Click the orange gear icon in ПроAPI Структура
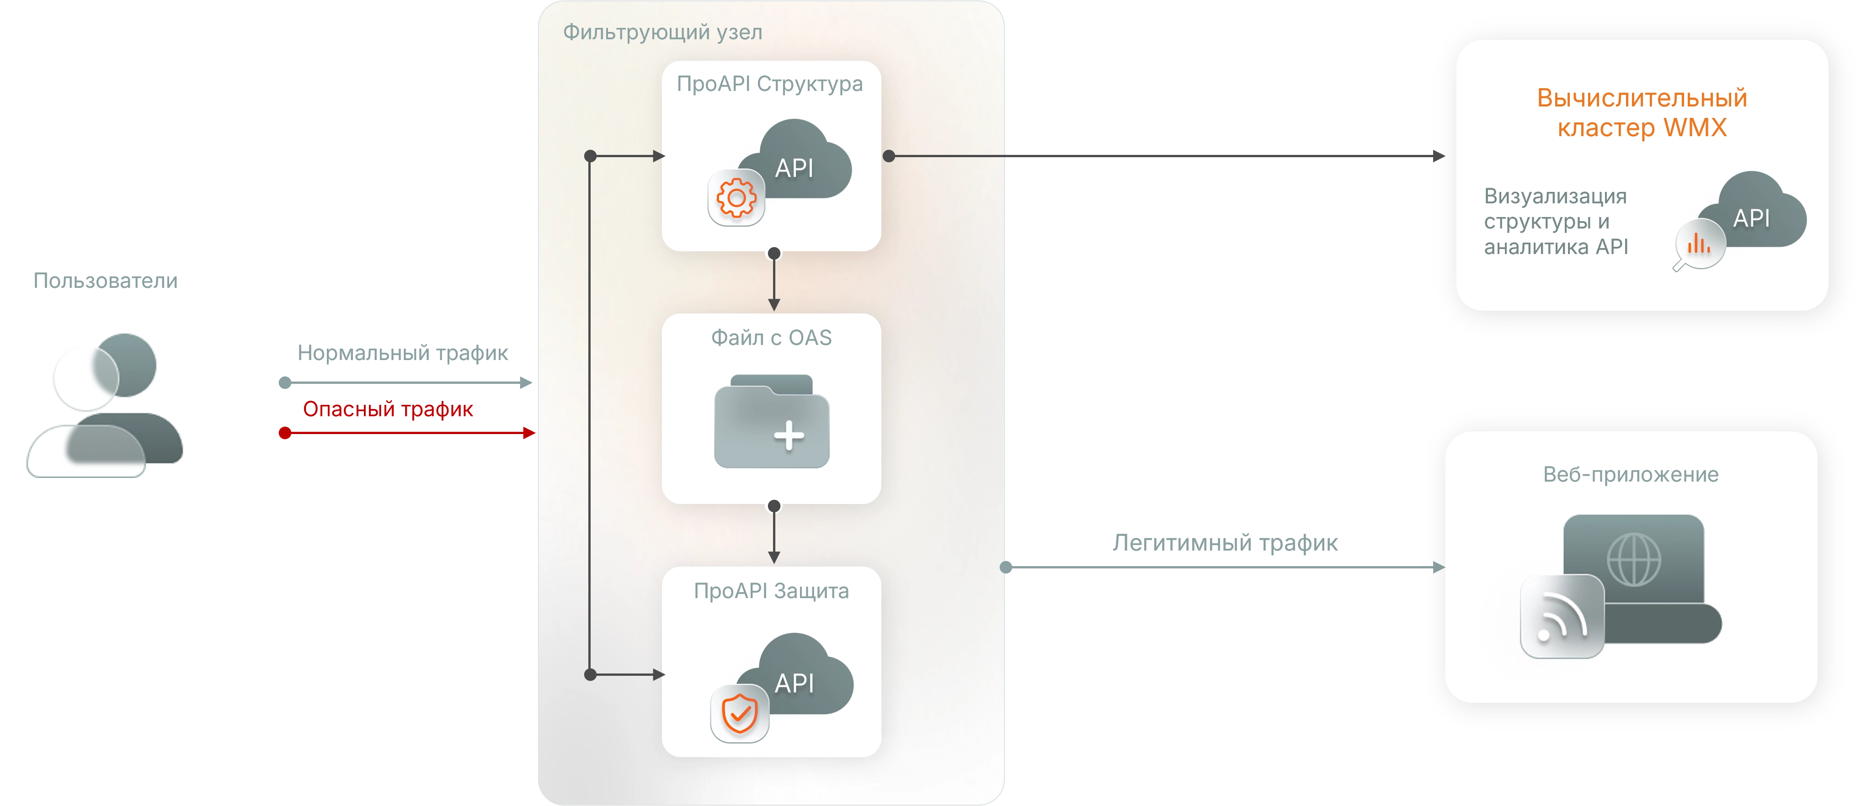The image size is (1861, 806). [736, 198]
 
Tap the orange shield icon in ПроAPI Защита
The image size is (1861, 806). [739, 714]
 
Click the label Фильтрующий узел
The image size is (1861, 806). [662, 32]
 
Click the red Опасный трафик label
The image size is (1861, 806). [389, 409]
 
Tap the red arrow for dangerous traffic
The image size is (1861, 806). [408, 433]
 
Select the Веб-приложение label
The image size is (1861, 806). [1631, 474]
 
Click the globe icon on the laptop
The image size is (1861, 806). [1633, 558]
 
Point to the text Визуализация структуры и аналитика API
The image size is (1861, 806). [1556, 222]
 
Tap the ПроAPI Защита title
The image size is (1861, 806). [771, 591]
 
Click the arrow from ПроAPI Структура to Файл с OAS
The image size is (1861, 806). [774, 281]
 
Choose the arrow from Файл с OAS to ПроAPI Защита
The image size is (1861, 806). [774, 535]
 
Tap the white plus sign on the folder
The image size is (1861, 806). [789, 435]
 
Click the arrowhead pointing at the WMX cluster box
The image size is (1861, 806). [1438, 156]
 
